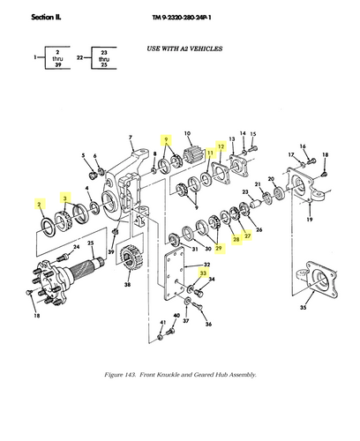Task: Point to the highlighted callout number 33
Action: click(204, 274)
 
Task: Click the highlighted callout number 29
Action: click(218, 249)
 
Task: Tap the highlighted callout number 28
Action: click(236, 239)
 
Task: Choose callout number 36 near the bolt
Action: click(209, 325)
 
